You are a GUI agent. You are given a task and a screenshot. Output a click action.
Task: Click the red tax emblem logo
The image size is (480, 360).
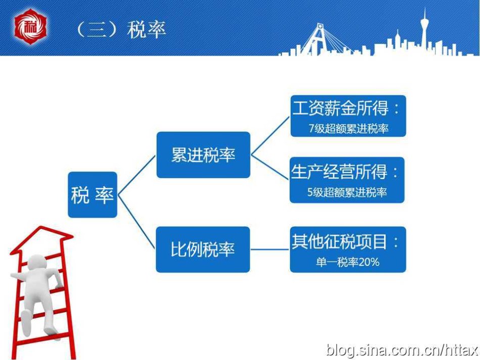click(x=30, y=27)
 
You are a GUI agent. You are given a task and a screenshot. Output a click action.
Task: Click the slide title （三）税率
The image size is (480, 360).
click(x=120, y=29)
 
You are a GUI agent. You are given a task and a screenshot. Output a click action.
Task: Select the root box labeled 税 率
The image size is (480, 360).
click(x=92, y=195)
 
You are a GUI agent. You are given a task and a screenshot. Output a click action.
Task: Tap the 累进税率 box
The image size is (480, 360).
click(x=203, y=155)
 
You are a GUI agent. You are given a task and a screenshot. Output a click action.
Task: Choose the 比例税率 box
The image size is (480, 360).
click(x=203, y=249)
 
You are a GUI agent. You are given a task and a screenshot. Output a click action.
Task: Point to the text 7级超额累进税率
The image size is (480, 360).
click(x=348, y=128)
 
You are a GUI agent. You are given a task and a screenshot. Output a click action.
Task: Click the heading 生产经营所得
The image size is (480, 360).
click(x=339, y=171)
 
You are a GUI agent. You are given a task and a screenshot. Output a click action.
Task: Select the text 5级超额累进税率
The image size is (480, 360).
click(x=347, y=192)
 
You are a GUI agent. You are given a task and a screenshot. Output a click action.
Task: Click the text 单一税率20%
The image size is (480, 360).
click(x=348, y=262)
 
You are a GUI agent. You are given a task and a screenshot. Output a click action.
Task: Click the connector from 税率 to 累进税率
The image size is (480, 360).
click(x=137, y=175)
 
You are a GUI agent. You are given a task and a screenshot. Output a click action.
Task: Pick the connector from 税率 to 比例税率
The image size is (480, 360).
click(x=136, y=222)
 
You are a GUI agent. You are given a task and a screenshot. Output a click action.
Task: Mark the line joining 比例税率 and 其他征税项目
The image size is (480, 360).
click(x=270, y=249)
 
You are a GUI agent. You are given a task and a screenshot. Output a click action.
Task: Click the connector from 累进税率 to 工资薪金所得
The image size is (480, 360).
click(x=270, y=136)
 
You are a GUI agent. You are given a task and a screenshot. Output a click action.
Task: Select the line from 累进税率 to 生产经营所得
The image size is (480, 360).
click(x=270, y=167)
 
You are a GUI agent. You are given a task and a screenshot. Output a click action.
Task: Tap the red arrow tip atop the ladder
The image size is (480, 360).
click(x=41, y=228)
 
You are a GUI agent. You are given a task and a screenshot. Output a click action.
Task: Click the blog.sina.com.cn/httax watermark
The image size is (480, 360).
click(x=403, y=349)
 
